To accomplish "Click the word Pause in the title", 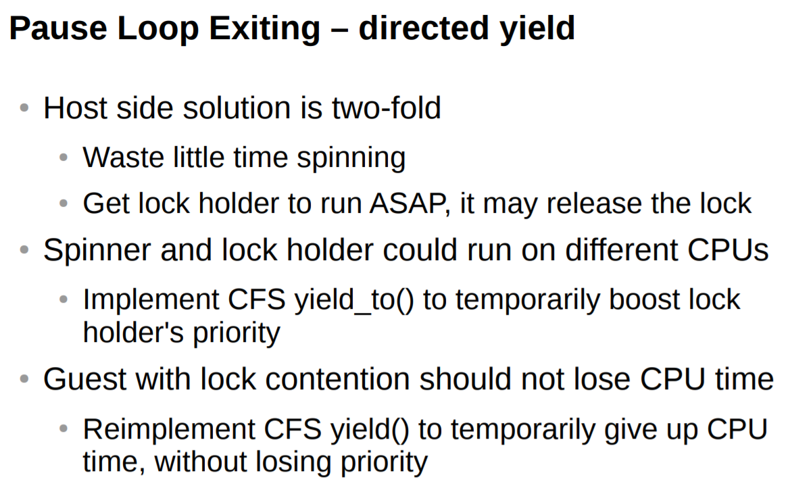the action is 58,28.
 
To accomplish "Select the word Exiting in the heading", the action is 264,29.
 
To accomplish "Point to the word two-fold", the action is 387,108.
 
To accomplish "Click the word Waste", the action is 124,157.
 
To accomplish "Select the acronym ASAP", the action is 408,203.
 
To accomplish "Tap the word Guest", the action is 84,379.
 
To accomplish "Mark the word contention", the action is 337,379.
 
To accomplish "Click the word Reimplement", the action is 169,430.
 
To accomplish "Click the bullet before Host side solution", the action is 24,108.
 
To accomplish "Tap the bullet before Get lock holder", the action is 63,203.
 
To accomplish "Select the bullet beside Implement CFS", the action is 63,299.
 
